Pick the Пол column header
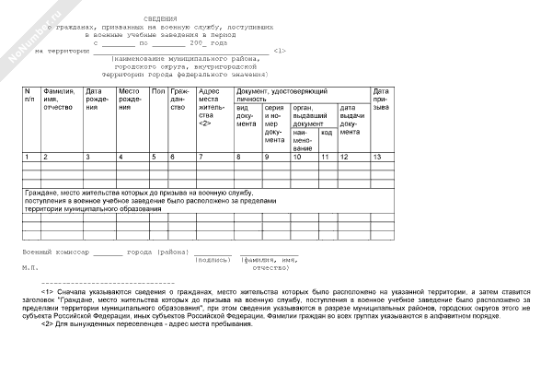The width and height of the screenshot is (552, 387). click(x=157, y=92)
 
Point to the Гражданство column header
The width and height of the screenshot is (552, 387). click(x=180, y=100)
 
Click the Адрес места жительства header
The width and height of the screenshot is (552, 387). click(x=213, y=107)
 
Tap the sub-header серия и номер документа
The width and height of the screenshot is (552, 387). click(x=274, y=123)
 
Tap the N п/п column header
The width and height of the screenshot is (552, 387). click(x=29, y=96)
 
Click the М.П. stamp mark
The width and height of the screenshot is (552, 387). click(x=30, y=266)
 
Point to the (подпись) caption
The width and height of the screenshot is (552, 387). click(x=213, y=259)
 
